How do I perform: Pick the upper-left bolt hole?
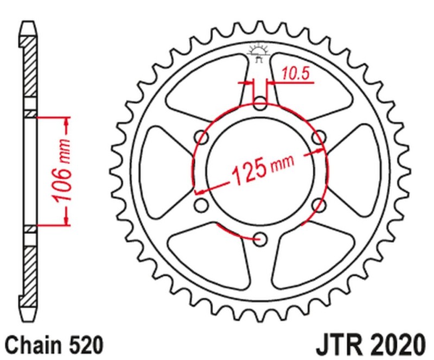(x=202, y=136)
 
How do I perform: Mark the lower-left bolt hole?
(x=202, y=204)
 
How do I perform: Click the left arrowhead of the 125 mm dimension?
(x=199, y=191)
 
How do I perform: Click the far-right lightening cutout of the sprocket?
(x=363, y=169)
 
